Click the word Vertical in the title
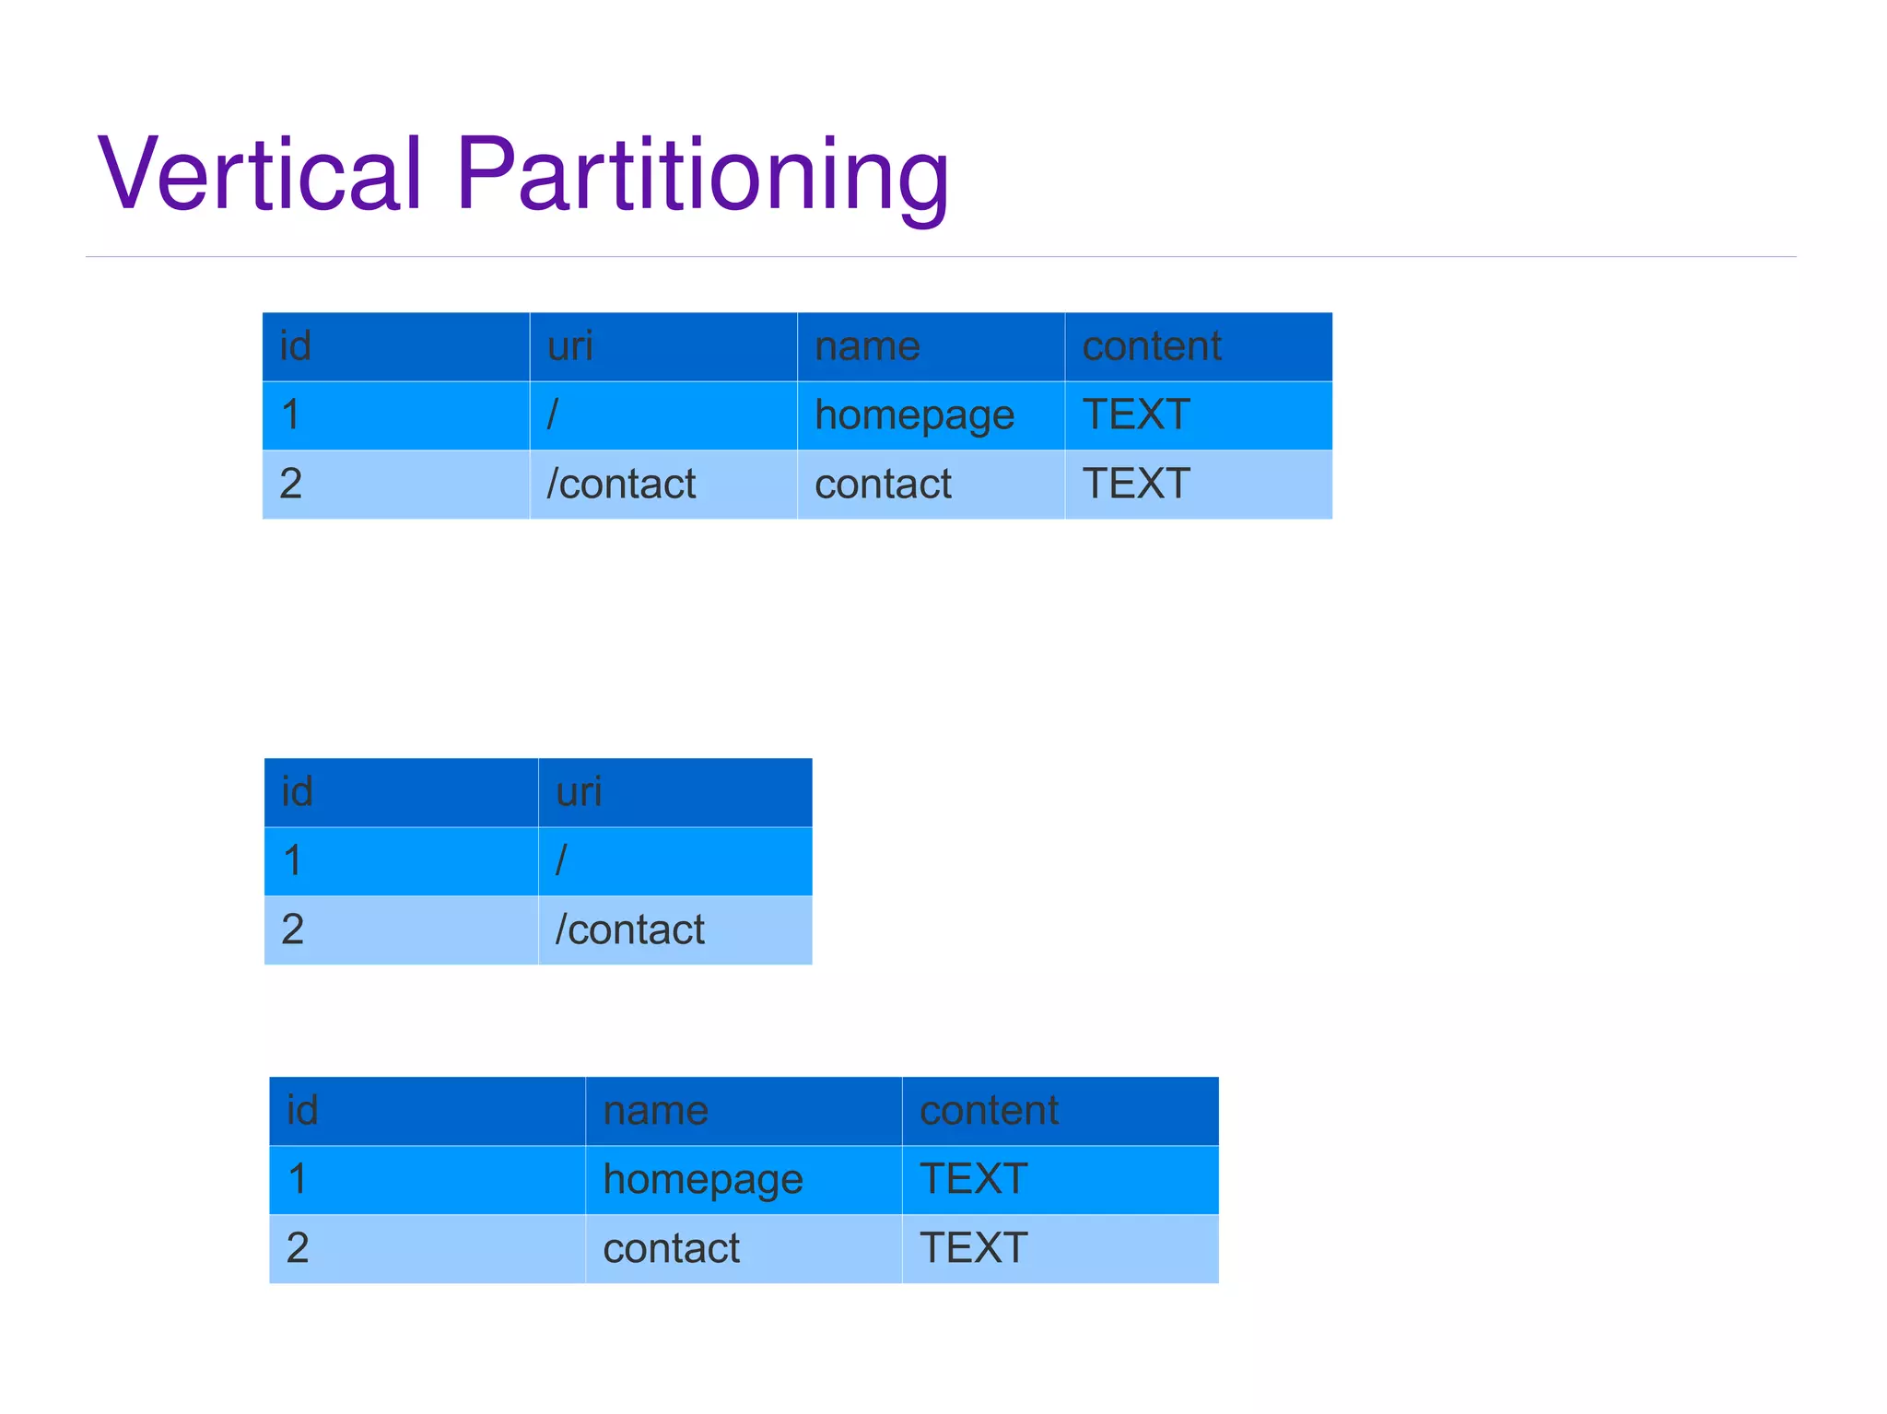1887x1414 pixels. (x=260, y=174)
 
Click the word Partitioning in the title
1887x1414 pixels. (x=702, y=174)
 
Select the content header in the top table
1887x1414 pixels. (x=1151, y=346)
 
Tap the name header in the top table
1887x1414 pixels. (x=867, y=346)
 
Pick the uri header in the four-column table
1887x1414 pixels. (x=569, y=346)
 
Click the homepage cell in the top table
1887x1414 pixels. (x=914, y=415)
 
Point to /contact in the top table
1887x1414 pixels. (x=621, y=484)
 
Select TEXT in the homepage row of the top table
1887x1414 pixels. (x=1136, y=415)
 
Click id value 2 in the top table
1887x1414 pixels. (x=291, y=484)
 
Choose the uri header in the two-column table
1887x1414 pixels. (x=579, y=792)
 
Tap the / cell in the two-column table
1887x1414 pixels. (x=561, y=860)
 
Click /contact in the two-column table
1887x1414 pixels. (x=629, y=929)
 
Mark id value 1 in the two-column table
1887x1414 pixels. (x=293, y=860)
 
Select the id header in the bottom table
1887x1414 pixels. (x=302, y=1110)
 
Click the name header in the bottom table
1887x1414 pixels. (x=655, y=1110)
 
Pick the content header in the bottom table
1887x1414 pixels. (x=989, y=1110)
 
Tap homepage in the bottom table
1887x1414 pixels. (x=702, y=1180)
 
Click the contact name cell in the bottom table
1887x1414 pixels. (x=671, y=1248)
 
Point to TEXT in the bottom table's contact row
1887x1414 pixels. (x=973, y=1248)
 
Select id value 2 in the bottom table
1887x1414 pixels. (x=298, y=1248)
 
